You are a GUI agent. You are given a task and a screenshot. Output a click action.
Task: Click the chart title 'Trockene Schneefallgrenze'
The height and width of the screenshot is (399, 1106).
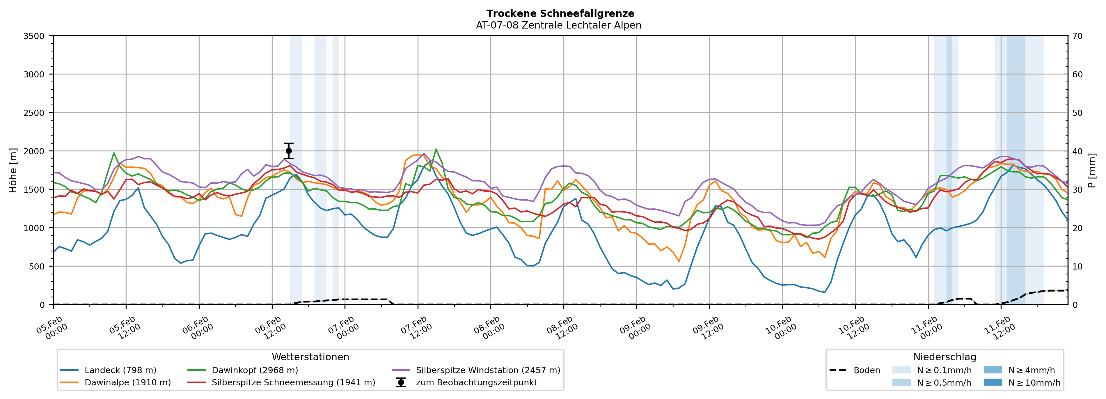tap(560, 14)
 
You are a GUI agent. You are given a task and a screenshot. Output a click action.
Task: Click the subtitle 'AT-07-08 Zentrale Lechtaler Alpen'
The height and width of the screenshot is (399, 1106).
tap(558, 25)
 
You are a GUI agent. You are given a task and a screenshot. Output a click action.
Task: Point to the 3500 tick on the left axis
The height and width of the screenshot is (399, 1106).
tap(34, 36)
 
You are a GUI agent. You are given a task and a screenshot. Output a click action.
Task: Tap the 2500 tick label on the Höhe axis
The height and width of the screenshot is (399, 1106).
tap(34, 113)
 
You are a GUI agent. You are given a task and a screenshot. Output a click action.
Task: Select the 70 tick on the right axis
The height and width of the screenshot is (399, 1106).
tap(1077, 36)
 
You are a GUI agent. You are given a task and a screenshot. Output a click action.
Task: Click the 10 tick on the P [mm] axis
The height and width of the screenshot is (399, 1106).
tap(1077, 266)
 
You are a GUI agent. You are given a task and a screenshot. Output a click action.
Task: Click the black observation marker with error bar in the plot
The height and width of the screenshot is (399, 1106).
tap(289, 151)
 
